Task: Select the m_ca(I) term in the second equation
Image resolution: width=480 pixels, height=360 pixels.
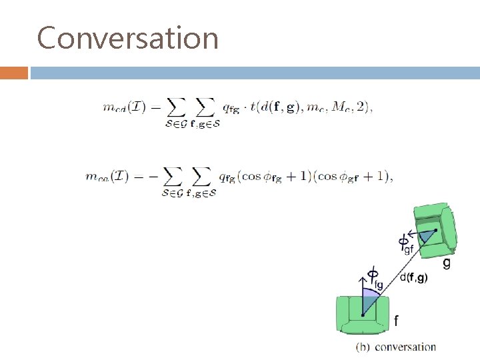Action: (x=107, y=177)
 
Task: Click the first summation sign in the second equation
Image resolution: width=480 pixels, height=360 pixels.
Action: (x=173, y=177)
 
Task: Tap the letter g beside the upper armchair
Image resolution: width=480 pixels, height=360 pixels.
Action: (x=446, y=263)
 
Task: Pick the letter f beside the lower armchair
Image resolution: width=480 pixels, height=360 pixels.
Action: (x=396, y=321)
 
